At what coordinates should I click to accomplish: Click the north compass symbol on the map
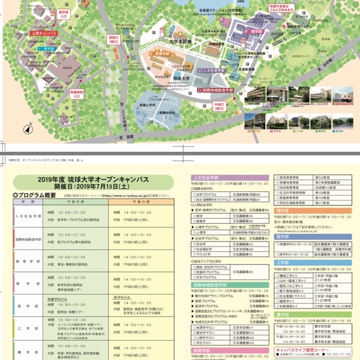(x=28, y=127)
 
